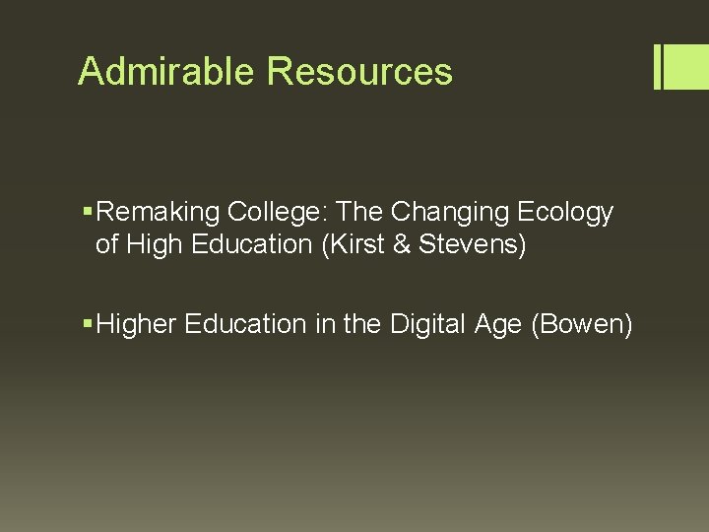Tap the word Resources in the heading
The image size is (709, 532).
click(359, 71)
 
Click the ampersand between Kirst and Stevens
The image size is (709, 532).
click(402, 244)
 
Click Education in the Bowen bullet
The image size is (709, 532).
click(245, 324)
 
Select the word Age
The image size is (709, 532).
click(496, 324)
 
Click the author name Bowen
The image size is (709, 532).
click(582, 324)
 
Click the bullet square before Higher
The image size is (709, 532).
click(90, 324)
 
